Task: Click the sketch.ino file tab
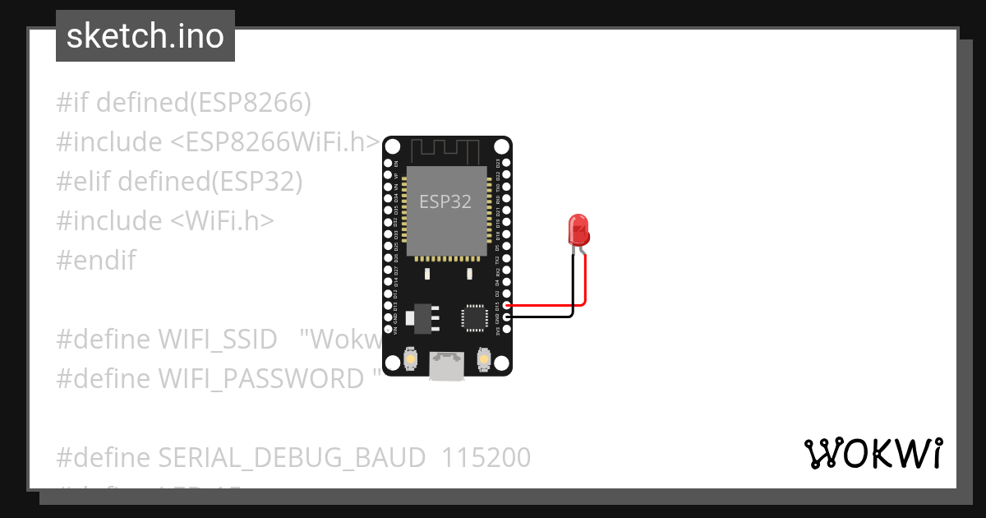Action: [145, 36]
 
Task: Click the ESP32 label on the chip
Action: [445, 201]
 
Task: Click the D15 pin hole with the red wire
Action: [507, 305]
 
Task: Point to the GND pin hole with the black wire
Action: [507, 317]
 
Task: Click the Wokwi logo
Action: [872, 454]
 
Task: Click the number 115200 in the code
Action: [486, 457]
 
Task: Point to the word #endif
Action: [95, 261]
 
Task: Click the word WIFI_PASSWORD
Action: [260, 379]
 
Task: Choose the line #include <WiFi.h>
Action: [164, 221]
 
